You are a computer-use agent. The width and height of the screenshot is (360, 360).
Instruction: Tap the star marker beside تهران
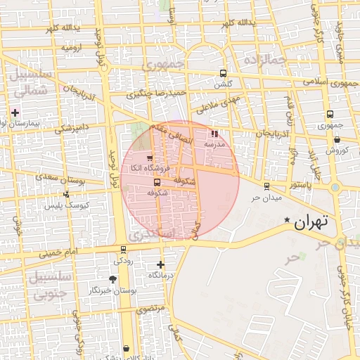[x=286, y=221]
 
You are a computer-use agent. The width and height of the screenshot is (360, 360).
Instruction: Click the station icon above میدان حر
[x=266, y=186]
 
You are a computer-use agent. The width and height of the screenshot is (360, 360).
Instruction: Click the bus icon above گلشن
[x=223, y=73]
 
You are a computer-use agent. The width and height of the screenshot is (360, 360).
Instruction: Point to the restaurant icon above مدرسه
[x=214, y=133]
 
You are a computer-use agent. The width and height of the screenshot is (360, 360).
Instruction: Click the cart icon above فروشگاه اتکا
[x=149, y=157]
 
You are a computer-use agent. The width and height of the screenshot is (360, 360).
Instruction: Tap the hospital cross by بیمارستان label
[x=15, y=112]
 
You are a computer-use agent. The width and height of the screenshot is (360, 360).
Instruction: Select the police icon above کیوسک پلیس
[x=66, y=195]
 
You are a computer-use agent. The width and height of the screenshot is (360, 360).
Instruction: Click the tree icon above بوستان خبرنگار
[x=112, y=279]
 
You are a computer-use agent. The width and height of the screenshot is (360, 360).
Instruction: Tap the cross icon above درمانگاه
[x=161, y=265]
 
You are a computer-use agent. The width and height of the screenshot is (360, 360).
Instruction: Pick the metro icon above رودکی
[x=124, y=250]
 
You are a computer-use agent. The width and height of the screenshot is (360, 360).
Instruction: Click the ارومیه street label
[x=72, y=48]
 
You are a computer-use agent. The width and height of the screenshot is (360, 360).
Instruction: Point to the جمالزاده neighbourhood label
[x=265, y=61]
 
